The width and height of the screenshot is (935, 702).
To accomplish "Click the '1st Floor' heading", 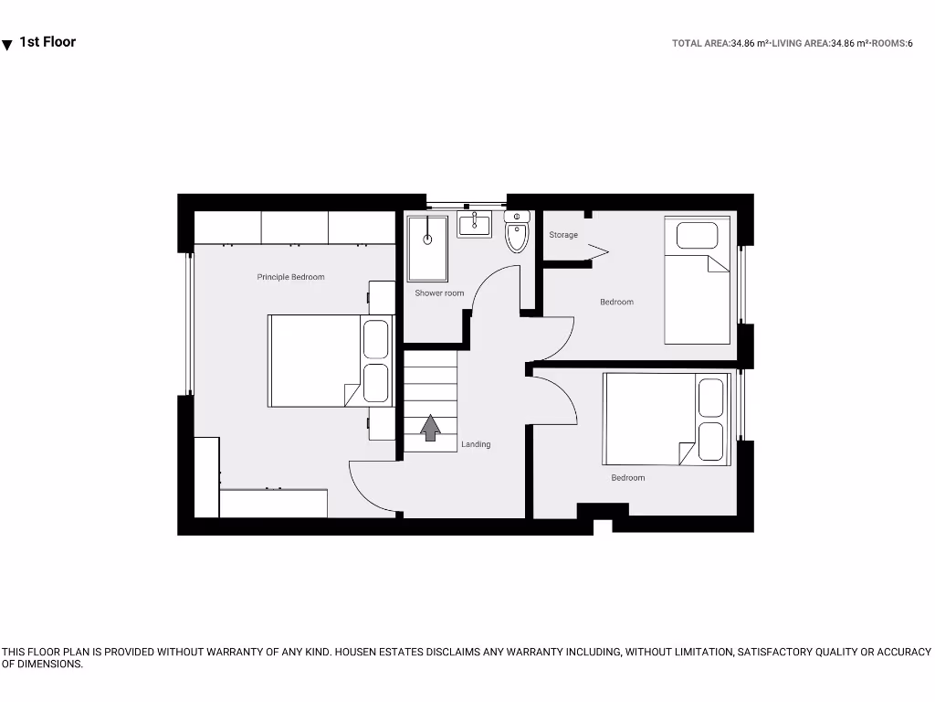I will click(x=47, y=42).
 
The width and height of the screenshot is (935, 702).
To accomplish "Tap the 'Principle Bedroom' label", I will click(x=290, y=277).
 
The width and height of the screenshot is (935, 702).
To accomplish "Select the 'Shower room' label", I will click(x=439, y=293).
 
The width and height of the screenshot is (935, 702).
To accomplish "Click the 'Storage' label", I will click(x=563, y=235).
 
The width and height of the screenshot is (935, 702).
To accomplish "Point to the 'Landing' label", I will click(x=476, y=444).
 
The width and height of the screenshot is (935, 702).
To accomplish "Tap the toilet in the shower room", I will click(x=517, y=234).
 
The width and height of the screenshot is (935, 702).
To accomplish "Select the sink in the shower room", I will click(x=475, y=223).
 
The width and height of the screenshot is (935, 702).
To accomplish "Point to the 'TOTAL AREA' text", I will click(x=701, y=43).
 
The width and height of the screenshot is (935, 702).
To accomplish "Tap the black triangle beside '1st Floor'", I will click(x=7, y=45).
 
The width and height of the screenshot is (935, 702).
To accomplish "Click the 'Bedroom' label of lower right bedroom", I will click(x=628, y=478).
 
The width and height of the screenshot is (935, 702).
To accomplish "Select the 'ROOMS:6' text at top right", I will click(x=893, y=43).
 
